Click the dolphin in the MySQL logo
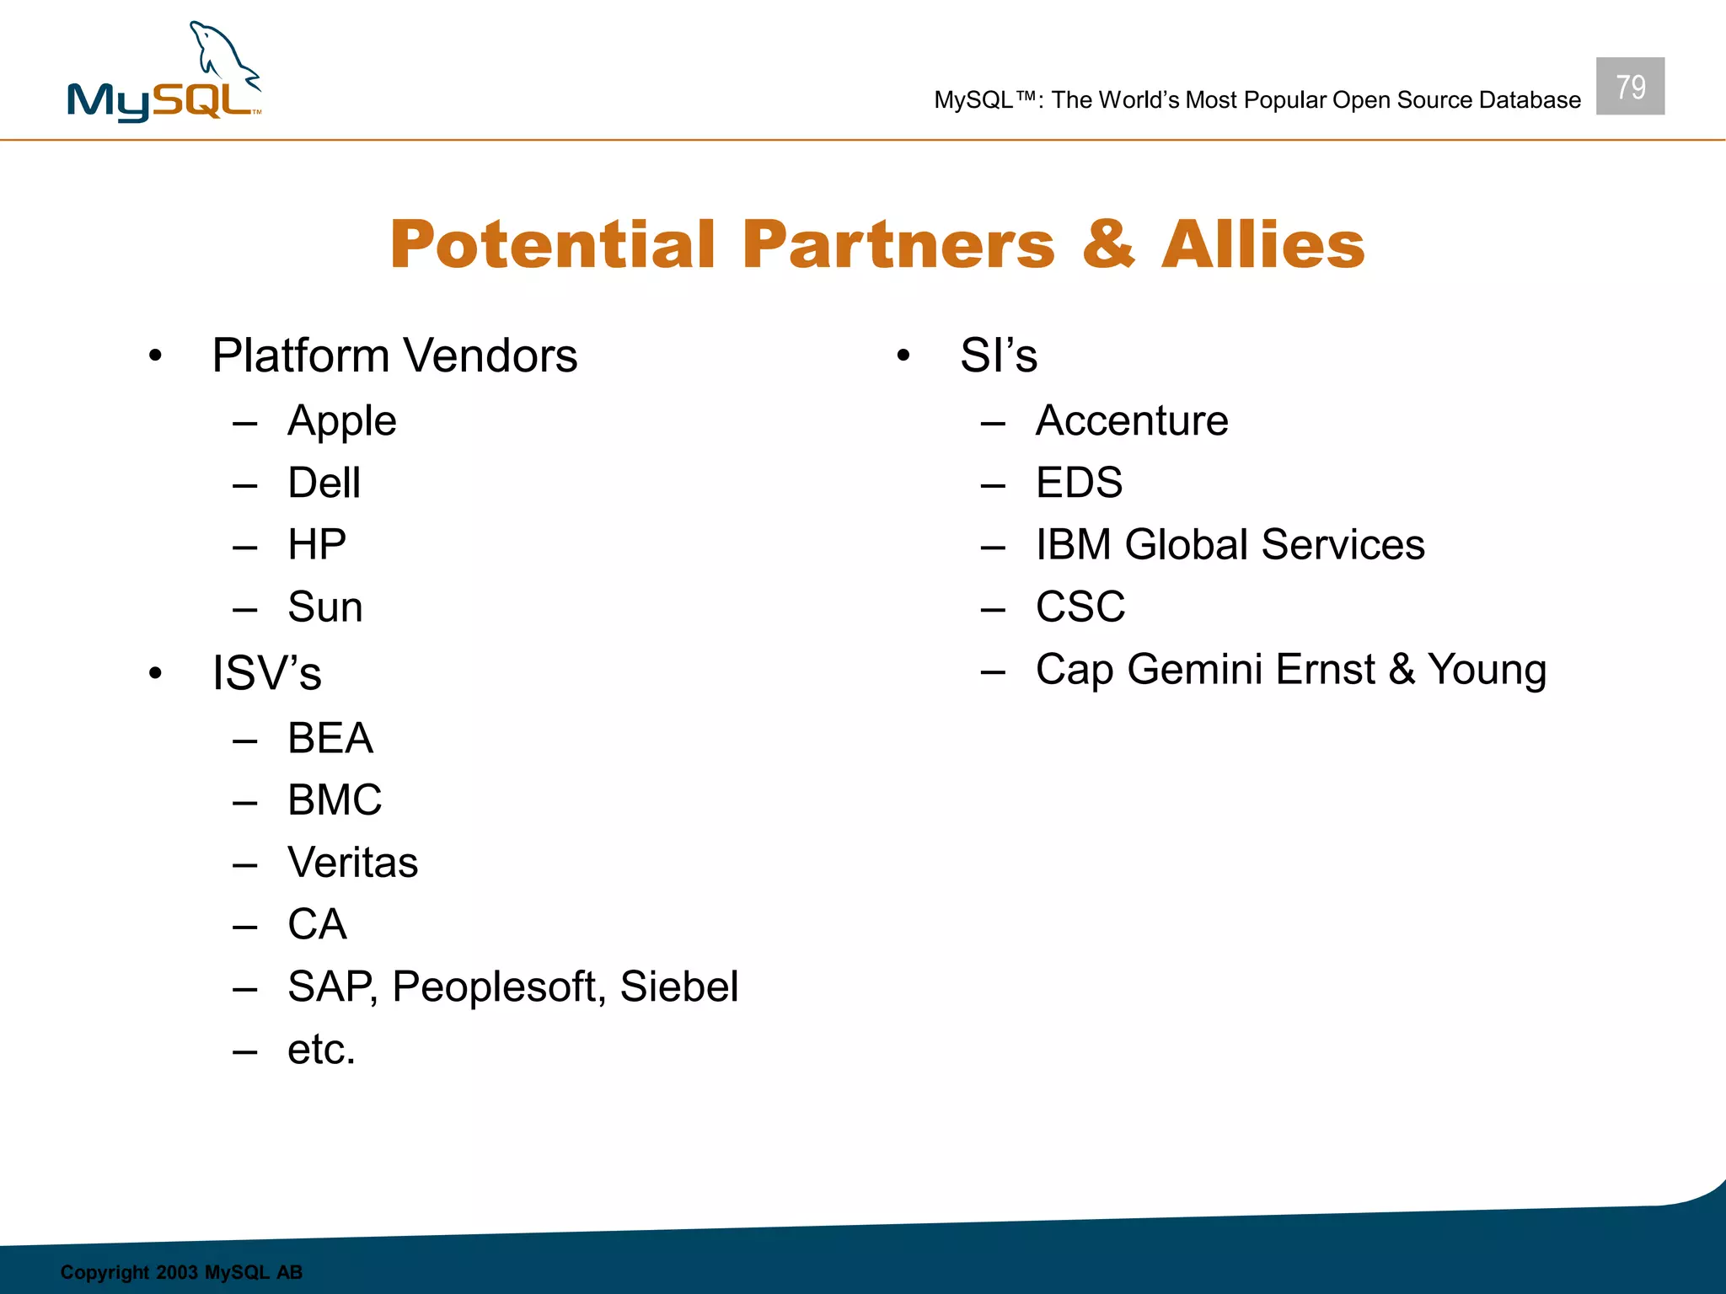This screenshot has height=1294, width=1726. pos(221,56)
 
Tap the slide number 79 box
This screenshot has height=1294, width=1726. pos(1629,86)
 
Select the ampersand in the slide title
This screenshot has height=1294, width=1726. pos(1107,244)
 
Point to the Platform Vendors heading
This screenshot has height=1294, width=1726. pos(394,356)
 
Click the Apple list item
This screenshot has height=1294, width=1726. pos(341,421)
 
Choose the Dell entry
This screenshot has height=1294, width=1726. pos(324,483)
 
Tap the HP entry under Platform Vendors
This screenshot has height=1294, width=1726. pos(317,545)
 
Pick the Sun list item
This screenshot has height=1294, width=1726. pos(324,607)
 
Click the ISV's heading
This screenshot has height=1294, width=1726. pos(266,674)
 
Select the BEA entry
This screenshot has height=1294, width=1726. pos(330,738)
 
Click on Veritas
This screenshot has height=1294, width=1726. pos(352,863)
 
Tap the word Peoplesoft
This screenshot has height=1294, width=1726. pos(498,987)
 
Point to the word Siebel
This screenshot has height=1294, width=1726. pos(678,987)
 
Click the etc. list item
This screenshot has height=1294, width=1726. pos(321,1050)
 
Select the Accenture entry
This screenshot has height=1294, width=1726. pos(1131,420)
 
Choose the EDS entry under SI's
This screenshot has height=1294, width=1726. pos(1079,483)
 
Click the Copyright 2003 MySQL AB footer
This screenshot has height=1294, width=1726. pos(181,1272)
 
